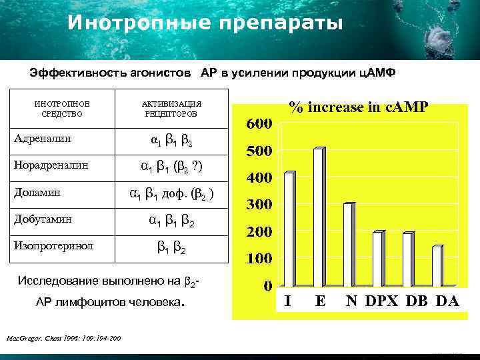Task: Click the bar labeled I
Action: (289, 229)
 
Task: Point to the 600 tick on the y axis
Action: (260, 125)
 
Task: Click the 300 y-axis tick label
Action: (260, 205)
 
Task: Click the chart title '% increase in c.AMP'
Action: (359, 107)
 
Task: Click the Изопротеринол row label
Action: (54, 245)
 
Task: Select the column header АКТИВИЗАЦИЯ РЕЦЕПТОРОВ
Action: (171, 109)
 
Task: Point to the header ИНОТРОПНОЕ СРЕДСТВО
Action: (62, 109)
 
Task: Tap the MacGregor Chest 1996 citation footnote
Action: (63, 339)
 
